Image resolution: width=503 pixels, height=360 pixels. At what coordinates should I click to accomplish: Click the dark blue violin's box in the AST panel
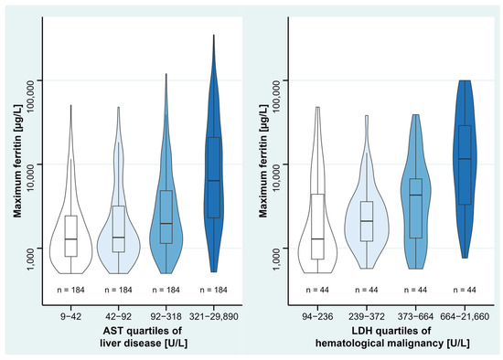(x=213, y=177)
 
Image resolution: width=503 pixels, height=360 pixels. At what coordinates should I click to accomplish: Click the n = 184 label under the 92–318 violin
(x=166, y=290)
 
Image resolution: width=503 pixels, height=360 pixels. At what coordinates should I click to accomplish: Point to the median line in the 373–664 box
(x=416, y=196)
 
